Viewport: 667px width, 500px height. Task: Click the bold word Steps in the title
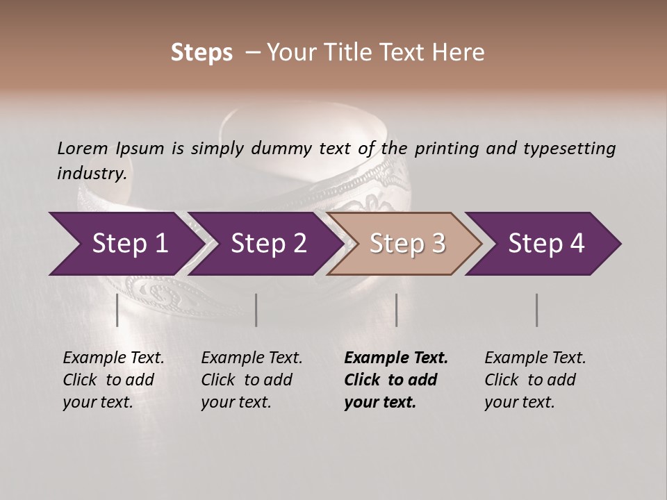tap(201, 53)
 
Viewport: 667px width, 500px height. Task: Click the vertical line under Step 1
tap(117, 310)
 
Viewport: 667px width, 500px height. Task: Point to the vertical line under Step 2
tap(256, 310)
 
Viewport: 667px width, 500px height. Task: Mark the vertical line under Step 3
tap(396, 310)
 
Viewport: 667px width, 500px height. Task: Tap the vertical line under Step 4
tap(537, 310)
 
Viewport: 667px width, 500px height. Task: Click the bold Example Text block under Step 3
tap(396, 380)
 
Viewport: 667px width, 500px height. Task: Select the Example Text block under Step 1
tap(113, 380)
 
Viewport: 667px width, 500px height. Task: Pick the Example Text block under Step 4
tap(535, 380)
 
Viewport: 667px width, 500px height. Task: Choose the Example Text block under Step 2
tap(252, 380)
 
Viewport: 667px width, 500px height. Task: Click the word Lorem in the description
tap(83, 148)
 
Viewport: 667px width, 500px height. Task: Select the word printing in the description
tap(447, 149)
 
